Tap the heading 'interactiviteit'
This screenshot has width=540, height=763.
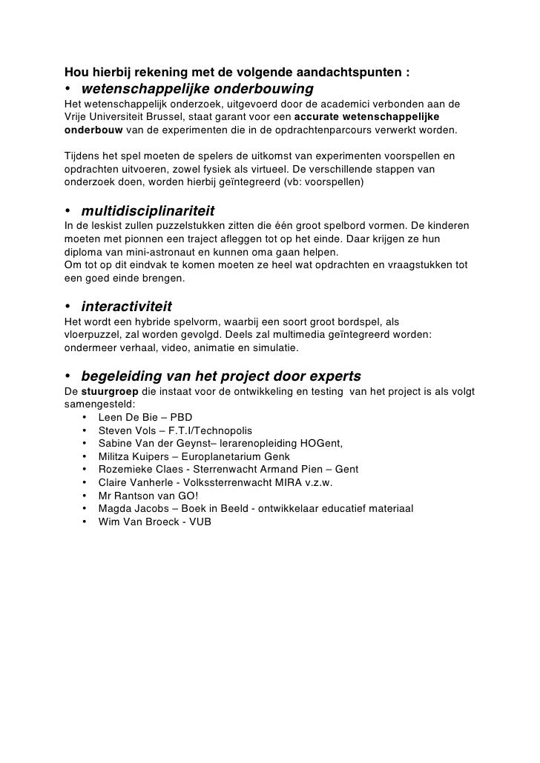[x=127, y=307]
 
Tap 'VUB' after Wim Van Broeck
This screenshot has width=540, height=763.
[x=198, y=522]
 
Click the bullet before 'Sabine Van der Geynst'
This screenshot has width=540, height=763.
[x=85, y=444]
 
